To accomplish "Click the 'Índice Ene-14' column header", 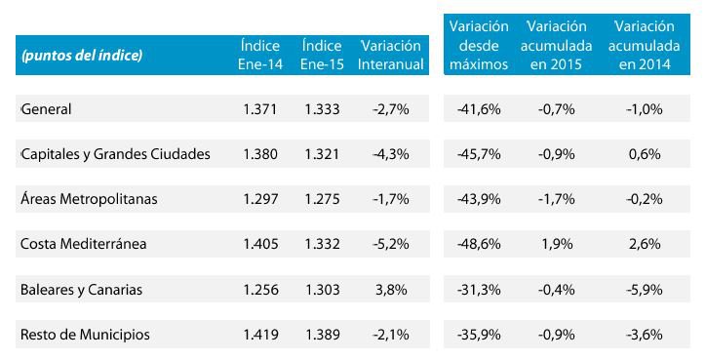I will pos(260,56).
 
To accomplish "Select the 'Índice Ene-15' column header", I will pos(321,56).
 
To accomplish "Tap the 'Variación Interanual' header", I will pos(390,56).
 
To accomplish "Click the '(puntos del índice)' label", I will pos(82,57).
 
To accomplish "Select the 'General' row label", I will pos(47,108).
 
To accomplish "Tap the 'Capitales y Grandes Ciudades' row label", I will pos(115,153).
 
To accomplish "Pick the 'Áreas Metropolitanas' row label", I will pos(89,199).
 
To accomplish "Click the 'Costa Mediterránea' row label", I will pos(84,244).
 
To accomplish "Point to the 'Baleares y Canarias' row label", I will pos(82,290).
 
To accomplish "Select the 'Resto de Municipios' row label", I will pos(86,335).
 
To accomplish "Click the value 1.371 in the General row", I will pos(260,108).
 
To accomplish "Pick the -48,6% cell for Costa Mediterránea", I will pos(479,244).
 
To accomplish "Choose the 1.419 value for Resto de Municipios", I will pos(260,335).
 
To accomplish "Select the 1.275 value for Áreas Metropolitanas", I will pos(321,199).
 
